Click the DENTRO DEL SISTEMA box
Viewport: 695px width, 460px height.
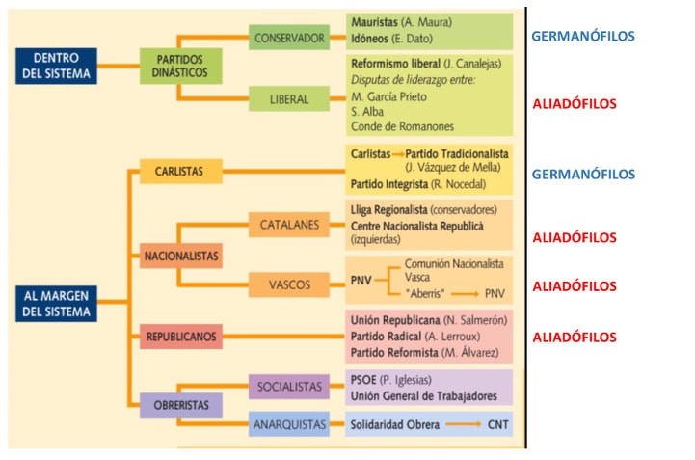coord(56,66)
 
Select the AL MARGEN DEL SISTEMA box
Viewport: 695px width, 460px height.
coord(56,304)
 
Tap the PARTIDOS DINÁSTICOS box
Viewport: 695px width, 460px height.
coord(180,66)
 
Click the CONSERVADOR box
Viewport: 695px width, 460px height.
coord(288,39)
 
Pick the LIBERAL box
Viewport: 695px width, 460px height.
coord(288,98)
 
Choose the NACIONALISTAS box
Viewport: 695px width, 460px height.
coord(180,257)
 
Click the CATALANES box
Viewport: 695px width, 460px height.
coord(288,225)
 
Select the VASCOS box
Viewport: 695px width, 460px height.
coord(288,284)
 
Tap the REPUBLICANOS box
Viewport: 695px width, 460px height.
coord(180,337)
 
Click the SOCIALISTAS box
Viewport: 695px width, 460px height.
coord(288,387)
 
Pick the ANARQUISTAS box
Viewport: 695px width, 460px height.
coord(288,424)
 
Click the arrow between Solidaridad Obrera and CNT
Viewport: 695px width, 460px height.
coord(464,424)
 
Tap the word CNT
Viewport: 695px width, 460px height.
coord(496,424)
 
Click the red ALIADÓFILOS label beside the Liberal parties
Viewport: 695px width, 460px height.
coord(574,103)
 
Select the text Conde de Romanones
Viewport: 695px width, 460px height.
coord(402,126)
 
